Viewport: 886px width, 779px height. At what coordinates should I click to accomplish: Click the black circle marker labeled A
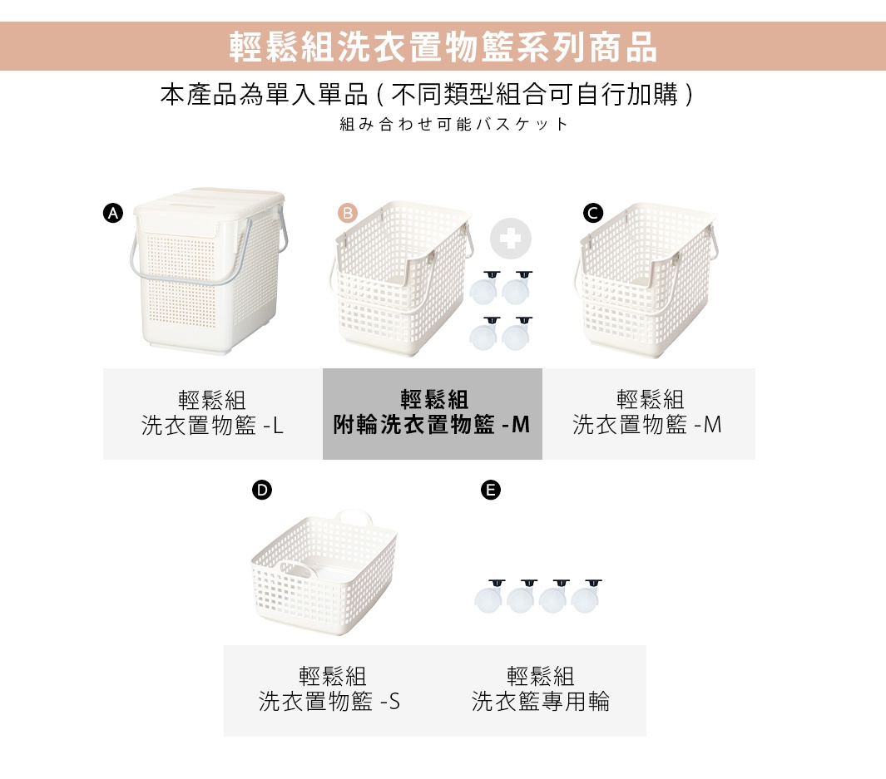[111, 214]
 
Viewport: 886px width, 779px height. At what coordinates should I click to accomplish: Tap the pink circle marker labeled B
[347, 214]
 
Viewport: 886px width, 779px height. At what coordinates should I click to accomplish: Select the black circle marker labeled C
[592, 214]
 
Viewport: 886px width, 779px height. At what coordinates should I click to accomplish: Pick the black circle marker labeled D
[261, 491]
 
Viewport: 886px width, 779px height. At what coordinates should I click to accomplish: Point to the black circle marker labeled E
[491, 491]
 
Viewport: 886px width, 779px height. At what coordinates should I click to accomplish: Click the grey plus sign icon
[510, 239]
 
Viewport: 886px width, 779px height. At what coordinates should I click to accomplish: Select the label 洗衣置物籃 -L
[212, 426]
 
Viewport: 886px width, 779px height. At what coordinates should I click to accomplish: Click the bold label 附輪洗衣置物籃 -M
[432, 426]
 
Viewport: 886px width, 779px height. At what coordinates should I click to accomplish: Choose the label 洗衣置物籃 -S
[329, 702]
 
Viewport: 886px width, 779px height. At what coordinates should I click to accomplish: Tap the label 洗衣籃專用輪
[541, 702]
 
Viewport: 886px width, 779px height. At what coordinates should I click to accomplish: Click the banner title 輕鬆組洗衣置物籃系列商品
[443, 47]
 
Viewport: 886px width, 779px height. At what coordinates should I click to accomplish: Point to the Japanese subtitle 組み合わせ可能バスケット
[454, 125]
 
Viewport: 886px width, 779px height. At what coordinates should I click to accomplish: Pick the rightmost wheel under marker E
[587, 598]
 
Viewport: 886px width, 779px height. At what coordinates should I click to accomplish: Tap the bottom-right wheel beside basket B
[517, 335]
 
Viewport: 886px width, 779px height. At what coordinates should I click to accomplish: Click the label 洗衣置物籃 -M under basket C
[647, 426]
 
